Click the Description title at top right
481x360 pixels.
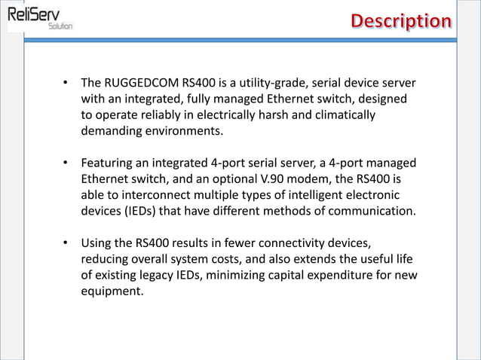click(401, 20)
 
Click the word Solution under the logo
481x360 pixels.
click(60, 26)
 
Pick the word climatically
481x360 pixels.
click(342, 114)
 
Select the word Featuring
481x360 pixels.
click(109, 163)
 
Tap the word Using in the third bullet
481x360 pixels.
click(97, 243)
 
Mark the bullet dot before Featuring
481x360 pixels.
click(66, 163)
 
